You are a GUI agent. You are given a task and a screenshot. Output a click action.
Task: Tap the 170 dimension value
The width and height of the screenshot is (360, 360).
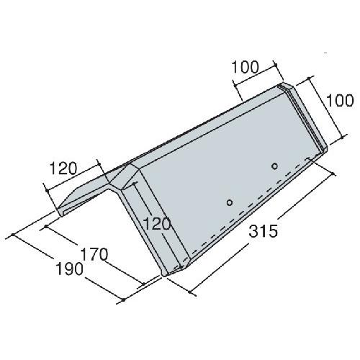pos(94,255)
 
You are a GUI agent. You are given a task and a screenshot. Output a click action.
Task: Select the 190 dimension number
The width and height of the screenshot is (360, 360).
pos(69,269)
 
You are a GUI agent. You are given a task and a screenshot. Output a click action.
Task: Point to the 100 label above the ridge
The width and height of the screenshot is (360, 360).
pos(246,67)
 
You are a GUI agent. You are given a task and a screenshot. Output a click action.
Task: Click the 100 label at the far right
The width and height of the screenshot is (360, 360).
pos(340,100)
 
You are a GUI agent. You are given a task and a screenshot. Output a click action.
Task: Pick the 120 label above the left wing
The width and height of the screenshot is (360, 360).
pos(63,168)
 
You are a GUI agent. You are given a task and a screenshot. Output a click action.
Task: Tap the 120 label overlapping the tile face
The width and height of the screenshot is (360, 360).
pos(156,225)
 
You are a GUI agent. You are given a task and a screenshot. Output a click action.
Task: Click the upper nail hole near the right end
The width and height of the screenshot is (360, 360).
pos(274,166)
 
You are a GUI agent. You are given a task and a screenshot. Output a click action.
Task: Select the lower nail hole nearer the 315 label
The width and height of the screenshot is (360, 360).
pos(230,202)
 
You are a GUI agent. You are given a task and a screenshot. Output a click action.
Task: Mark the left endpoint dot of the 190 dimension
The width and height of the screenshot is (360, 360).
pos(12,235)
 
